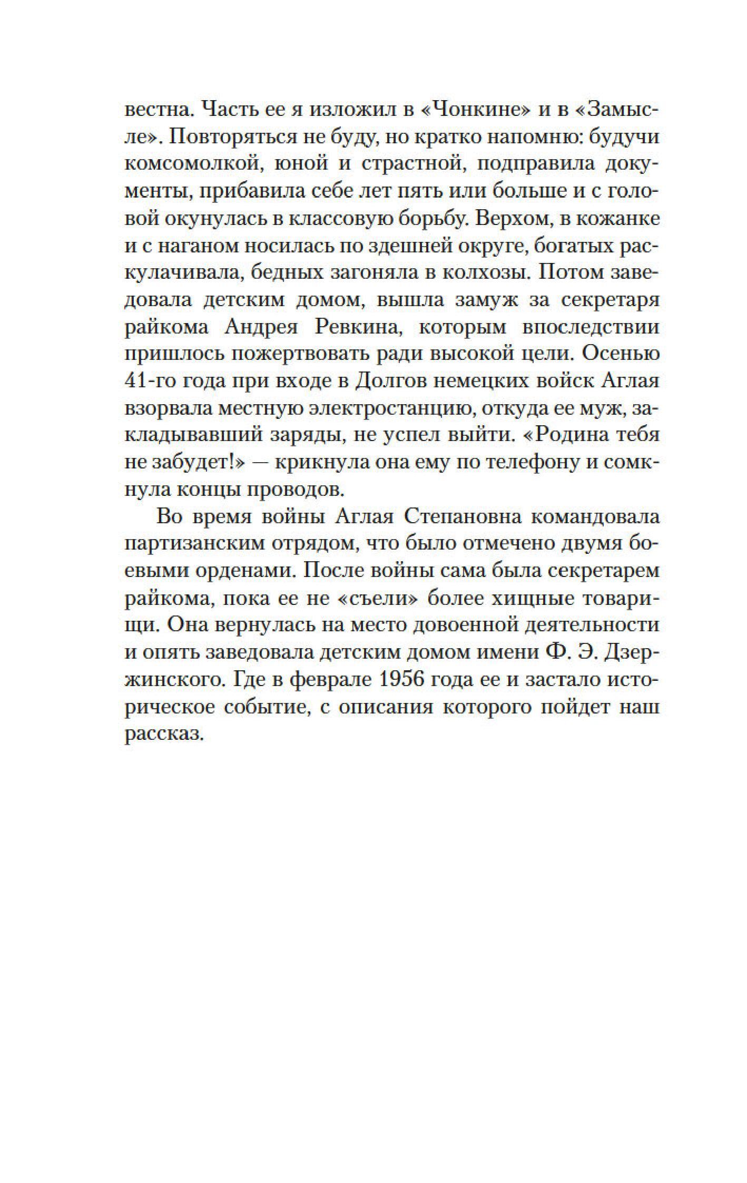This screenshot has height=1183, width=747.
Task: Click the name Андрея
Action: coord(258,328)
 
